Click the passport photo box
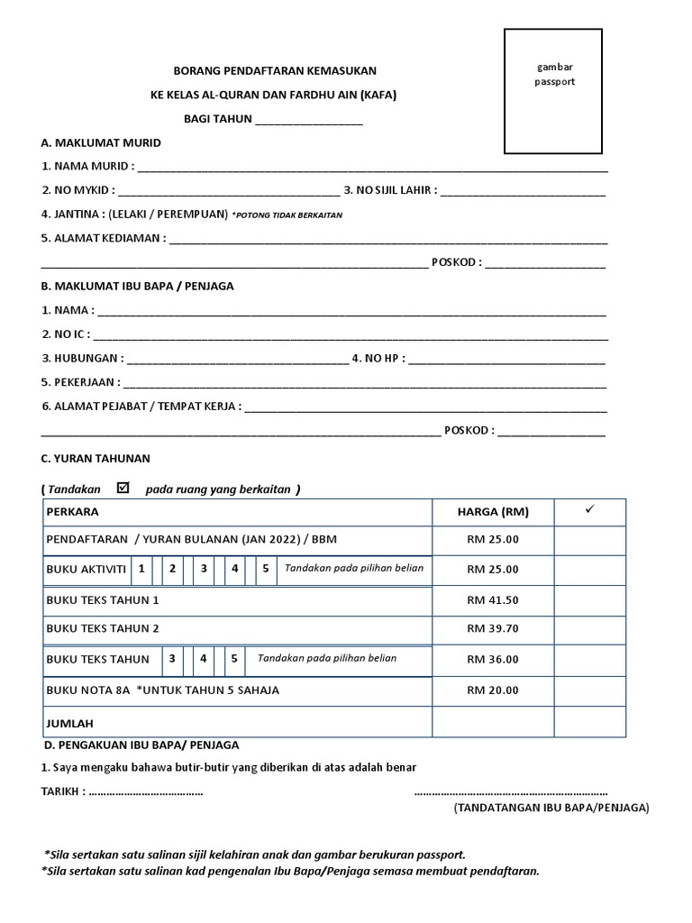pyautogui.click(x=552, y=91)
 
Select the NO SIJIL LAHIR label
pyautogui.click(x=390, y=190)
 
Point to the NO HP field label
pyautogui.click(x=378, y=358)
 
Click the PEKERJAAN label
pyautogui.click(x=80, y=382)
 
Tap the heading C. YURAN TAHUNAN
pyautogui.click(x=96, y=458)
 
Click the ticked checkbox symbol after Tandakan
pyautogui.click(x=124, y=488)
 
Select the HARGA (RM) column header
pyautogui.click(x=493, y=512)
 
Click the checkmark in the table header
pyautogui.click(x=590, y=510)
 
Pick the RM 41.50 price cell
pyautogui.click(x=493, y=600)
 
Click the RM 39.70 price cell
pyautogui.click(x=493, y=629)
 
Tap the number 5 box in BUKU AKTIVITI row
pyautogui.click(x=265, y=569)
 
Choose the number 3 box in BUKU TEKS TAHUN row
pyautogui.click(x=172, y=659)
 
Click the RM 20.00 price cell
pyautogui.click(x=493, y=691)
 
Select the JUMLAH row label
pyautogui.click(x=69, y=723)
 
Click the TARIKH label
pyautogui.click(x=64, y=791)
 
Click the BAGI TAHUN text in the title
pyautogui.click(x=218, y=119)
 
